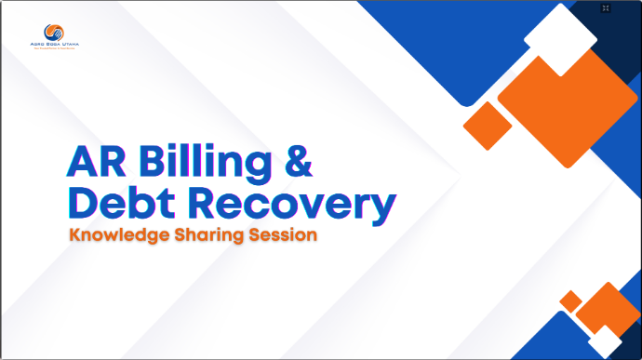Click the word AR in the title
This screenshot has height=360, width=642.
point(96,161)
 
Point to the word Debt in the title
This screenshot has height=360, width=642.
point(121,205)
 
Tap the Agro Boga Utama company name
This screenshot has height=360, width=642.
point(55,46)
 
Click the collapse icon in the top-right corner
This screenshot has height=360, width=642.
point(606,8)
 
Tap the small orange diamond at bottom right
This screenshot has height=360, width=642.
point(570,301)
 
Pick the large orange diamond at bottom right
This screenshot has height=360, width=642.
point(609,312)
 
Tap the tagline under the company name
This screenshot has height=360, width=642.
point(55,51)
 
